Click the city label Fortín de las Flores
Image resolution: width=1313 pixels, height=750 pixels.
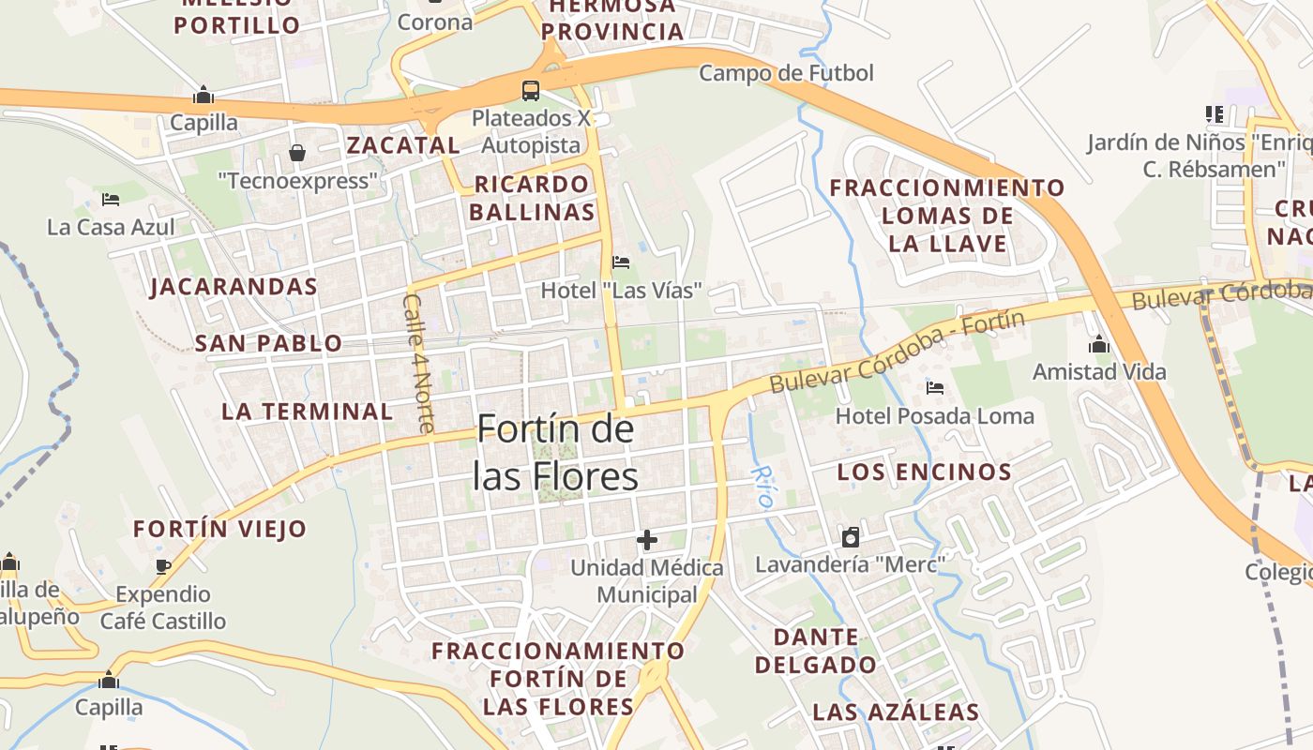click(x=555, y=454)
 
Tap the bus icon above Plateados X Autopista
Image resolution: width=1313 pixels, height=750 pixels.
click(x=531, y=91)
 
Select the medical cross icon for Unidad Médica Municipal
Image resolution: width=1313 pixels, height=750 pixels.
click(x=647, y=540)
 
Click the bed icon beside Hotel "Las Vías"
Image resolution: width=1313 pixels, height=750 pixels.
click(x=620, y=262)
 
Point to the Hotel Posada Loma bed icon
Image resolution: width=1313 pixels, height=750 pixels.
click(x=934, y=387)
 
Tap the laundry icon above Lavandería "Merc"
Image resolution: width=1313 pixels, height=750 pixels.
click(x=851, y=537)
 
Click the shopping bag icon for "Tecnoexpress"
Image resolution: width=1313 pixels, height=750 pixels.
click(x=297, y=152)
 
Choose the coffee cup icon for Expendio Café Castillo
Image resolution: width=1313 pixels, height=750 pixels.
click(x=163, y=566)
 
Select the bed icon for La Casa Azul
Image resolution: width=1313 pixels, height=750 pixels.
click(x=111, y=200)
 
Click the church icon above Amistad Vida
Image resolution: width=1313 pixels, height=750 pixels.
click(x=1099, y=345)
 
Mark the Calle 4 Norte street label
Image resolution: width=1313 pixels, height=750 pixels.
click(x=418, y=364)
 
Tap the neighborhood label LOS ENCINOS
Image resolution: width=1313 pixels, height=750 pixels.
click(x=924, y=472)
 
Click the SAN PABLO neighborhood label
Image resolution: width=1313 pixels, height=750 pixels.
click(x=268, y=344)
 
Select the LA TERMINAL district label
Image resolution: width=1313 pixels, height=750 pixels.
click(x=308, y=412)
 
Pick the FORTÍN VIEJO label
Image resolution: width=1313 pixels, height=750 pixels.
click(x=219, y=529)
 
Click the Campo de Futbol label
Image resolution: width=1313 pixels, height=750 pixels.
click(x=786, y=73)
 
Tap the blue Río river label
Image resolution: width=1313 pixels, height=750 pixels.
click(x=763, y=487)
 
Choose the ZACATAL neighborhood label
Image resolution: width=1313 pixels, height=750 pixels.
click(x=403, y=145)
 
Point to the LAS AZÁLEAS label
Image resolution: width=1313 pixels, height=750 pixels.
click(x=896, y=712)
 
